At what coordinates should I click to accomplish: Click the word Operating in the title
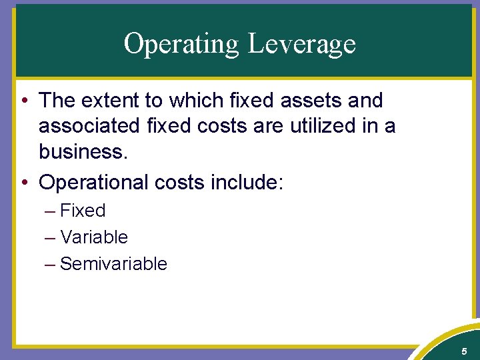[181, 44]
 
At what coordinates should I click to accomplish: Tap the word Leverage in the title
[301, 44]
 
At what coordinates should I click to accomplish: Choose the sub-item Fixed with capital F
[83, 211]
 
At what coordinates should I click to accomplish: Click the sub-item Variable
[94, 237]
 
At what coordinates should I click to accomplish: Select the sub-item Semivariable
[113, 264]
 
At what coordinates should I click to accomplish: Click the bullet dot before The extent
[24, 101]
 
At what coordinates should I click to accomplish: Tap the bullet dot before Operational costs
[24, 182]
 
